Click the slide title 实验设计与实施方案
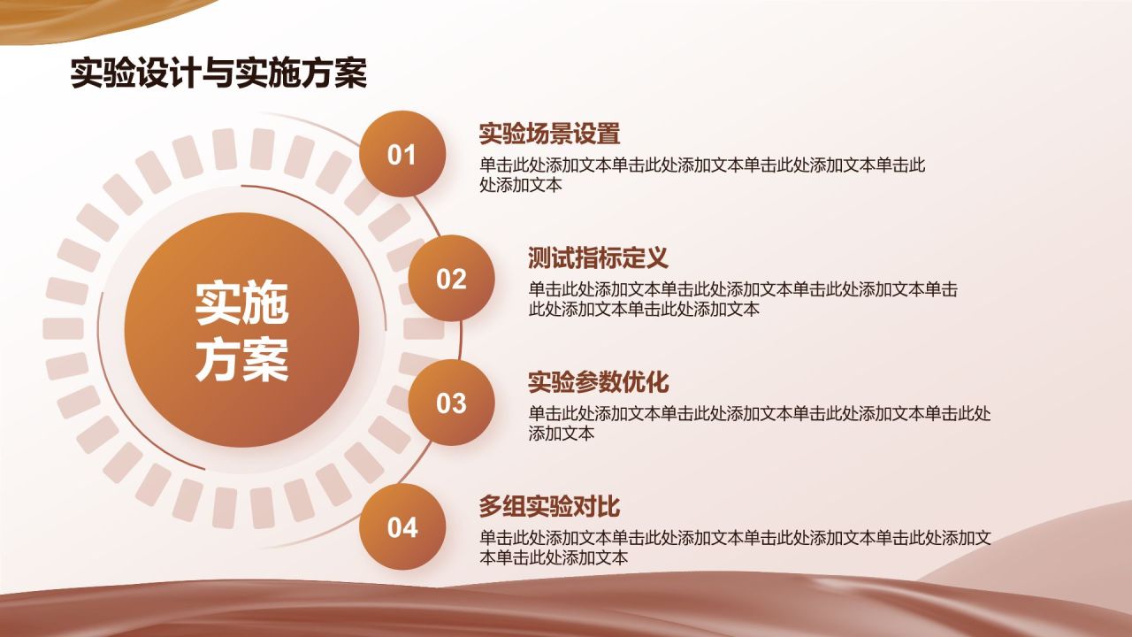tap(218, 73)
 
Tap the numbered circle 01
tap(402, 154)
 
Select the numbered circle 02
tap(451, 278)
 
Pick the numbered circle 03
tap(451, 403)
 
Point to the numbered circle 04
tap(402, 526)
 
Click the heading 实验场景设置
tap(549, 134)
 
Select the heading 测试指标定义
tap(599, 257)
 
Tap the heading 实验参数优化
tap(599, 382)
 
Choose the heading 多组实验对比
tap(549, 507)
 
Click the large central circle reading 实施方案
tap(241, 330)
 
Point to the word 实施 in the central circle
tap(241, 303)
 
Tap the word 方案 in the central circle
tap(241, 359)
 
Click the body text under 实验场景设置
tap(702, 175)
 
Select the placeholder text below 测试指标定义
tap(743, 299)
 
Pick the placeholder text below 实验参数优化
tap(760, 424)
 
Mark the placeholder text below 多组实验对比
tap(735, 548)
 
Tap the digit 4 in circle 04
tap(410, 527)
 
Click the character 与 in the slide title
tap(218, 73)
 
